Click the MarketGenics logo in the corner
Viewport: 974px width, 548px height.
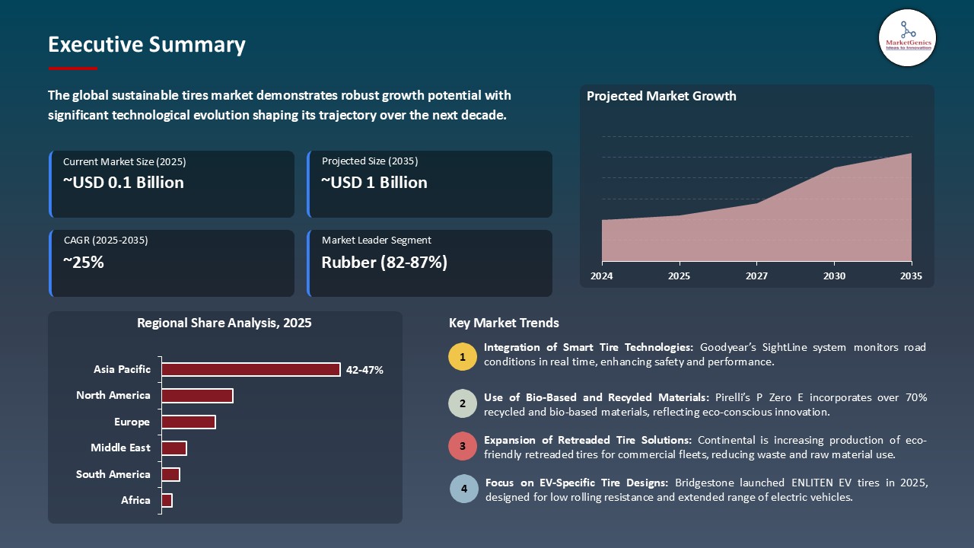click(x=907, y=37)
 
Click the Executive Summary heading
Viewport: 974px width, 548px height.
click(x=146, y=45)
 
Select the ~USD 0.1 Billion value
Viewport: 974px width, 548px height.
click(x=123, y=183)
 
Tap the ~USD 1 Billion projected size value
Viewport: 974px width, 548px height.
click(x=374, y=183)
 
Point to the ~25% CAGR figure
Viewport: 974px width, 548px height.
click(x=83, y=263)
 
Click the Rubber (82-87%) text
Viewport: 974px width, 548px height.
click(x=384, y=263)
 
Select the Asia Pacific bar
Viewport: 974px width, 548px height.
click(x=250, y=369)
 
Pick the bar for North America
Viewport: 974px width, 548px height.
click(x=197, y=396)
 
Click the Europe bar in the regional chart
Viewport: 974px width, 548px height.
click(x=189, y=422)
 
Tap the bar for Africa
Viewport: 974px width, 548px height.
click(x=167, y=500)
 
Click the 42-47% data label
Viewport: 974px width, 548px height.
click(x=364, y=370)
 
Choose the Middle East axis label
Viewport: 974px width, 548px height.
click(x=120, y=448)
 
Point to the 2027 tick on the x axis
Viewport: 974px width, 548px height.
click(x=756, y=276)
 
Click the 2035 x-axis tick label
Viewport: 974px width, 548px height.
click(x=910, y=276)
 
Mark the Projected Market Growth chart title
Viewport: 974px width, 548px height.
click(x=661, y=96)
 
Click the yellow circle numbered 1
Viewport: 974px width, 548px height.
click(x=462, y=357)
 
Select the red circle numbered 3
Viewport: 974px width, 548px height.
click(x=462, y=446)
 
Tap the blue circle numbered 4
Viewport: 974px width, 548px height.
click(x=464, y=489)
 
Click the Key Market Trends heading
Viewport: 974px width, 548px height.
click(x=504, y=323)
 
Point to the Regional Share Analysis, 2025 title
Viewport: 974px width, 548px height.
click(x=224, y=323)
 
